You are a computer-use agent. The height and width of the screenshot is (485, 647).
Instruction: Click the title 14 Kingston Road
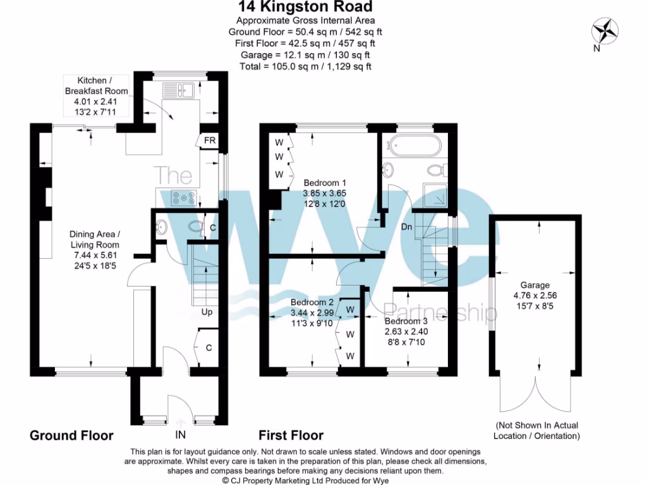click(x=305, y=8)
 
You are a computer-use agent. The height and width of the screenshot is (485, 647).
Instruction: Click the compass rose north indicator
click(x=603, y=32)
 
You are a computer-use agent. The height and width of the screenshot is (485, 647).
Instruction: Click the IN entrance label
click(x=181, y=435)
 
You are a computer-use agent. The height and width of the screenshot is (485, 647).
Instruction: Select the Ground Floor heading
click(x=72, y=436)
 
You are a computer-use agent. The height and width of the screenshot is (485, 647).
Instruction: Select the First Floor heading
click(x=291, y=436)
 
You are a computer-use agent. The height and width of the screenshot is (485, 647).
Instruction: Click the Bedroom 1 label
click(x=325, y=183)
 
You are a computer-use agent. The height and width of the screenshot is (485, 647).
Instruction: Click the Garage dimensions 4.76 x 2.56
click(x=535, y=296)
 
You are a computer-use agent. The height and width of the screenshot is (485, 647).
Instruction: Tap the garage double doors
click(x=535, y=395)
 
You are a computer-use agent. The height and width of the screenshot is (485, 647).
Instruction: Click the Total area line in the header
click(x=305, y=66)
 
